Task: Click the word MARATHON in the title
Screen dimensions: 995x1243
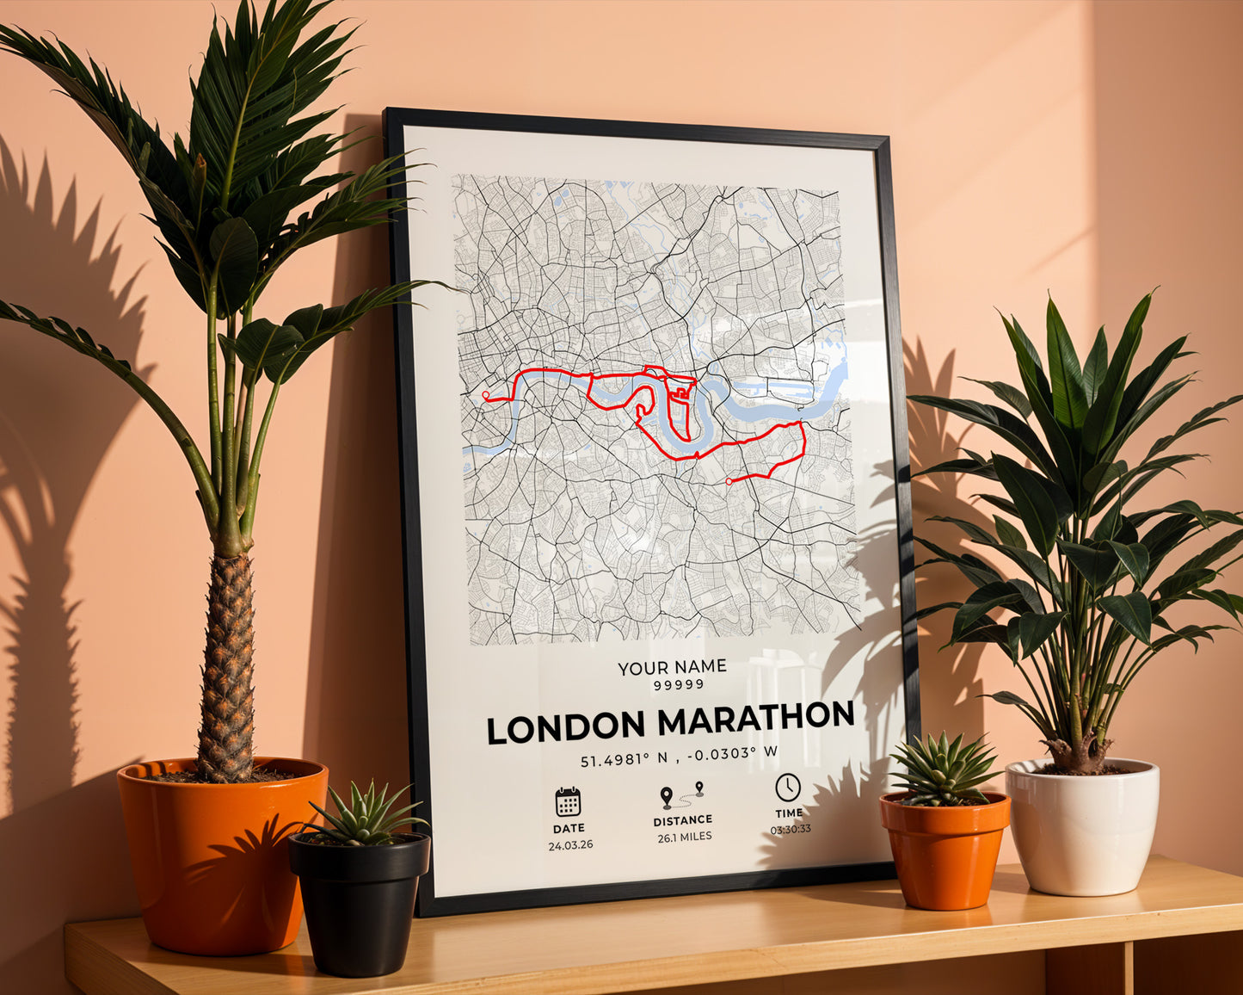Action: click(756, 720)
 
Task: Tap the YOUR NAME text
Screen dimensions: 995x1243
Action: click(672, 666)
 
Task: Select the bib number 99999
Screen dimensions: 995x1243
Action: click(679, 684)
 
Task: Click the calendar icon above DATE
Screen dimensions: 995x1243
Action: click(568, 801)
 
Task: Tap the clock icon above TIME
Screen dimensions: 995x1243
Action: click(787, 787)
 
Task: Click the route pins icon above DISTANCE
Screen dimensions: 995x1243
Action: click(681, 795)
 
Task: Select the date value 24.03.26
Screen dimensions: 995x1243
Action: click(570, 845)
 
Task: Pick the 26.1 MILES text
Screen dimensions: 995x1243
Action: click(684, 837)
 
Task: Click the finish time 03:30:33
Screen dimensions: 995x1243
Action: click(790, 830)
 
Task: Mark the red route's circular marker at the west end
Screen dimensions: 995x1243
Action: click(486, 395)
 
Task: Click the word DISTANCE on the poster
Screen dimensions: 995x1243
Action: click(682, 820)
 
